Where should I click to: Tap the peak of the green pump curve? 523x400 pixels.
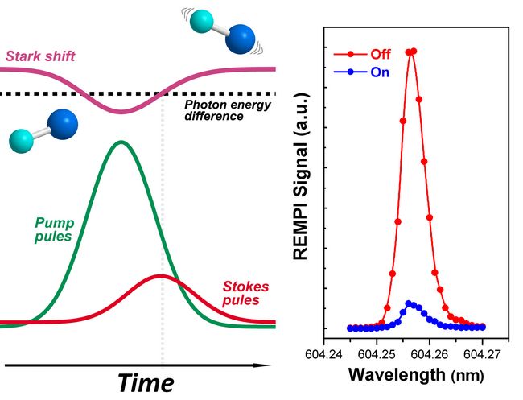coord(121,142)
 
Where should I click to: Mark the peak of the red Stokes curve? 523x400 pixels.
coord(160,276)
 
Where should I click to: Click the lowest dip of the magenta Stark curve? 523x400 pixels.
coord(121,112)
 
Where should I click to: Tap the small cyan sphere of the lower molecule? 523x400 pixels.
coord(20,142)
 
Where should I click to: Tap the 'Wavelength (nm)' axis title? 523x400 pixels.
coord(402,376)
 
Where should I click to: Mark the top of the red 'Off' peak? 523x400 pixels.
coord(411,52)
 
